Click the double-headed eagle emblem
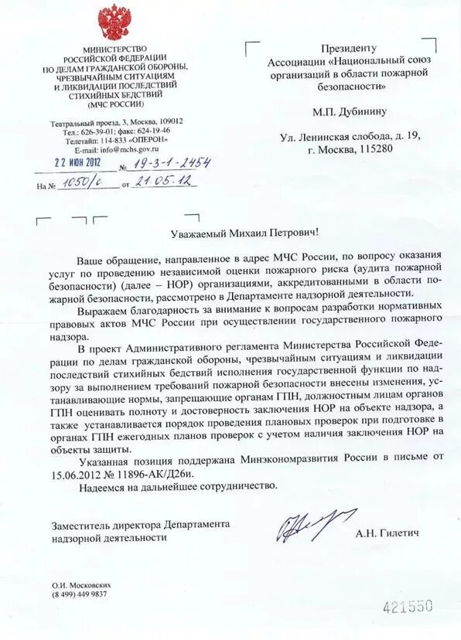(x=117, y=22)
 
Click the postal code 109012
(x=169, y=121)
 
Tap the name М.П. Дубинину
(x=341, y=111)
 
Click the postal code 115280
(x=374, y=149)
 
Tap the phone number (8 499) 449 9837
(x=80, y=594)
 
